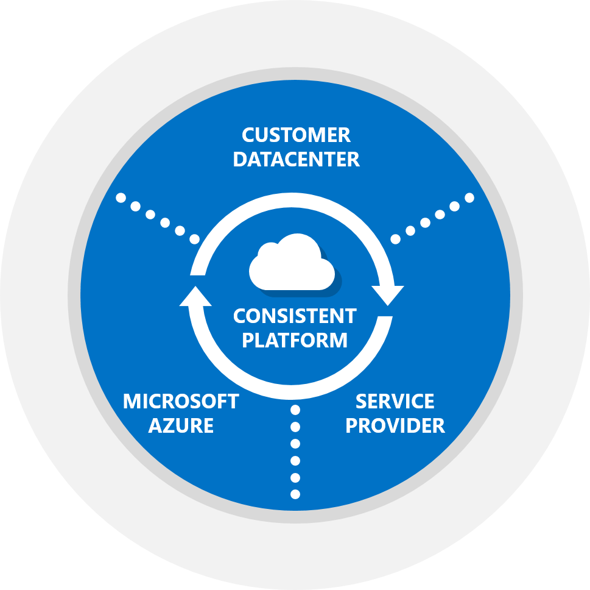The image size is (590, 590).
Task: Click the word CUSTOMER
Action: pyautogui.click(x=296, y=135)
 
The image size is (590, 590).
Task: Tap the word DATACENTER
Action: pyautogui.click(x=296, y=159)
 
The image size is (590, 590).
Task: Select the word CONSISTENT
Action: pyautogui.click(x=295, y=316)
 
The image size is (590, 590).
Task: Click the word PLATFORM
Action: pyautogui.click(x=295, y=339)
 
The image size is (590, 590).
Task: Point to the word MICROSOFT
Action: pyautogui.click(x=181, y=402)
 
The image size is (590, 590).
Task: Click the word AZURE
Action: pyautogui.click(x=181, y=425)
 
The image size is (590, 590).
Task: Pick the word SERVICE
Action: pyautogui.click(x=395, y=402)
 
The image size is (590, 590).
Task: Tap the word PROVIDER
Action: pyautogui.click(x=395, y=425)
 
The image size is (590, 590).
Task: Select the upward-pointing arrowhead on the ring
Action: pyautogui.click(x=195, y=296)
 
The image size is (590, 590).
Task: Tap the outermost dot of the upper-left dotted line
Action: pyautogui.click(x=121, y=197)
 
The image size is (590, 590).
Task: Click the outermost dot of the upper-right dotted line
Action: pyautogui.click(x=469, y=197)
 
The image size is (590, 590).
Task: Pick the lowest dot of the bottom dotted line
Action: pyautogui.click(x=296, y=494)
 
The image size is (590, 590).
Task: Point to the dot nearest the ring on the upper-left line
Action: pyautogui.click(x=195, y=239)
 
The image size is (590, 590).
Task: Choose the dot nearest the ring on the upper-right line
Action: pyautogui.click(x=396, y=239)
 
